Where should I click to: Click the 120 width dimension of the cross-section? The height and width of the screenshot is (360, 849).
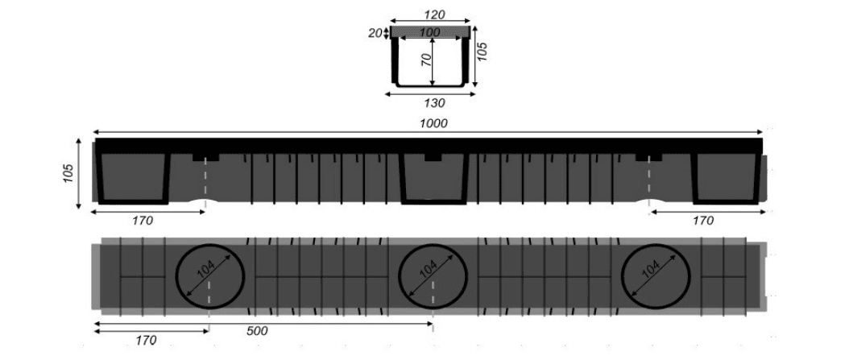pyautogui.click(x=433, y=14)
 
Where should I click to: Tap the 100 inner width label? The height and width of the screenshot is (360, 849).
pyautogui.click(x=430, y=33)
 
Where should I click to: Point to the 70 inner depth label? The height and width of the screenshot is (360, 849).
pyautogui.click(x=427, y=60)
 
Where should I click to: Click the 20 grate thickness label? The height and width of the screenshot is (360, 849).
pyautogui.click(x=375, y=33)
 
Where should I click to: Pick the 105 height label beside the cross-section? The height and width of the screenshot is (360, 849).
pyautogui.click(x=482, y=52)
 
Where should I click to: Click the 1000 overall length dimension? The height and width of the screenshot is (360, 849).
pyautogui.click(x=433, y=123)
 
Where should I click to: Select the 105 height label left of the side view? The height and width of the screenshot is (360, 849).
pyautogui.click(x=68, y=173)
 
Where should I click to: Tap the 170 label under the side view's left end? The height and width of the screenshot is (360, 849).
pyautogui.click(x=143, y=221)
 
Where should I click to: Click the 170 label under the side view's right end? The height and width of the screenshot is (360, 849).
pyautogui.click(x=702, y=221)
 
